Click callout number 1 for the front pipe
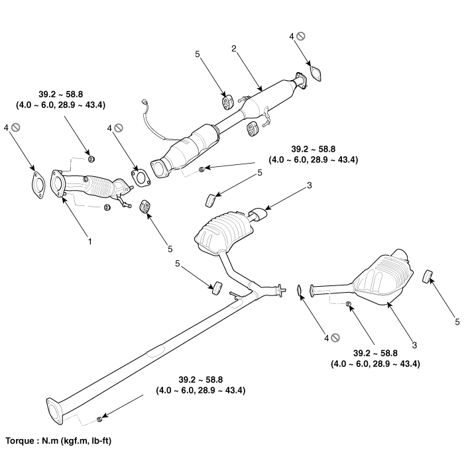tap(90, 242)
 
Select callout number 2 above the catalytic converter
tap(234, 48)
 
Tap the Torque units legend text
tap(58, 441)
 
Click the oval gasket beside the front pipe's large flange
tap(38, 185)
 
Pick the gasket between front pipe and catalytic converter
tap(141, 178)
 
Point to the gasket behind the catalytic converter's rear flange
tap(316, 74)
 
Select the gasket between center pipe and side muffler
tap(299, 290)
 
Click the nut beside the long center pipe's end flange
tap(99, 419)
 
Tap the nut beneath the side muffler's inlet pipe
tap(348, 303)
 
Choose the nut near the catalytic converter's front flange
tap(202, 170)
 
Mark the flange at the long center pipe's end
tap(54, 411)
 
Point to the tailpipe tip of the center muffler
tap(258, 214)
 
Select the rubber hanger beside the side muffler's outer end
tap(428, 276)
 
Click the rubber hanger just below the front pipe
tap(145, 207)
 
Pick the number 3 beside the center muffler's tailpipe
tap(310, 185)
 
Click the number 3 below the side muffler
tap(414, 345)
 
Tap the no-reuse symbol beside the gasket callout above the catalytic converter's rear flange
tap(301, 36)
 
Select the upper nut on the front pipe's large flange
tap(91, 159)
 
